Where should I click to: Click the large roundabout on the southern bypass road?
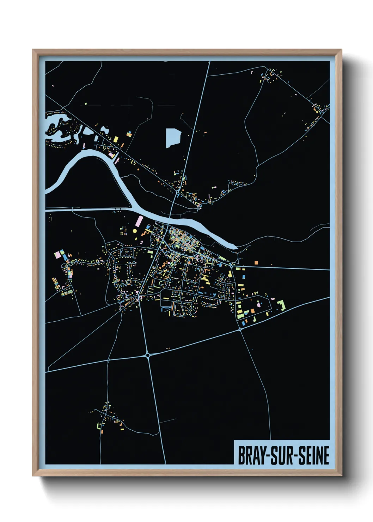pos(147,355)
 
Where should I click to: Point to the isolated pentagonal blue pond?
pos(173,138)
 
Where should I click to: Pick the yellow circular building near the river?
pos(134,231)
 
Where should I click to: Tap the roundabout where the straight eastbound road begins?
pos(231,265)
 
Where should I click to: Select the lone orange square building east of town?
pos(256,263)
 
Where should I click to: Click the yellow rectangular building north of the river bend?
pos(115,139)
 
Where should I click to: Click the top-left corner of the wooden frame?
pos(33,50)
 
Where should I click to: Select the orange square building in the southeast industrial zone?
pos(252,311)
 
